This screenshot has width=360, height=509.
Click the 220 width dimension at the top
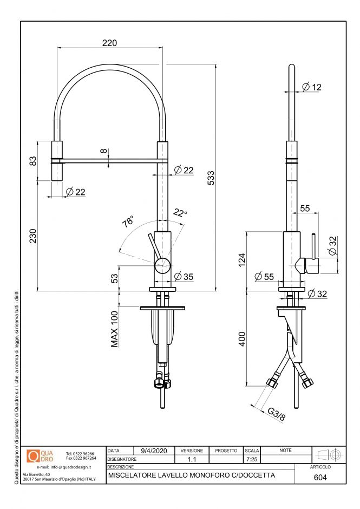point(110,42)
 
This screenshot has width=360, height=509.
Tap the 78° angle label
point(128,221)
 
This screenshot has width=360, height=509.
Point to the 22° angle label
point(180,213)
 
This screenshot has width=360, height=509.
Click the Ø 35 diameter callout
point(184,277)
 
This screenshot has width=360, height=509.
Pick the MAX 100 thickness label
point(115,329)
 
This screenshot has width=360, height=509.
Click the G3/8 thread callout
point(277,414)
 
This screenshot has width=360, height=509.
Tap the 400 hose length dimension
point(242,339)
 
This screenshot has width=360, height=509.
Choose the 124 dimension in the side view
point(242,260)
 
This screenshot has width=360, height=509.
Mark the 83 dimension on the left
point(32,161)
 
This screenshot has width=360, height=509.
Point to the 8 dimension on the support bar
point(104,152)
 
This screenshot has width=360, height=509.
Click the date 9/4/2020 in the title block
point(154,451)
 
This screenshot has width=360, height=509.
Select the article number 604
point(320,478)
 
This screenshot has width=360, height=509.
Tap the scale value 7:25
point(252,459)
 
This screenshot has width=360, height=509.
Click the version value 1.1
point(192,459)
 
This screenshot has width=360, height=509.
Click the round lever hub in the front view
point(162,265)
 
